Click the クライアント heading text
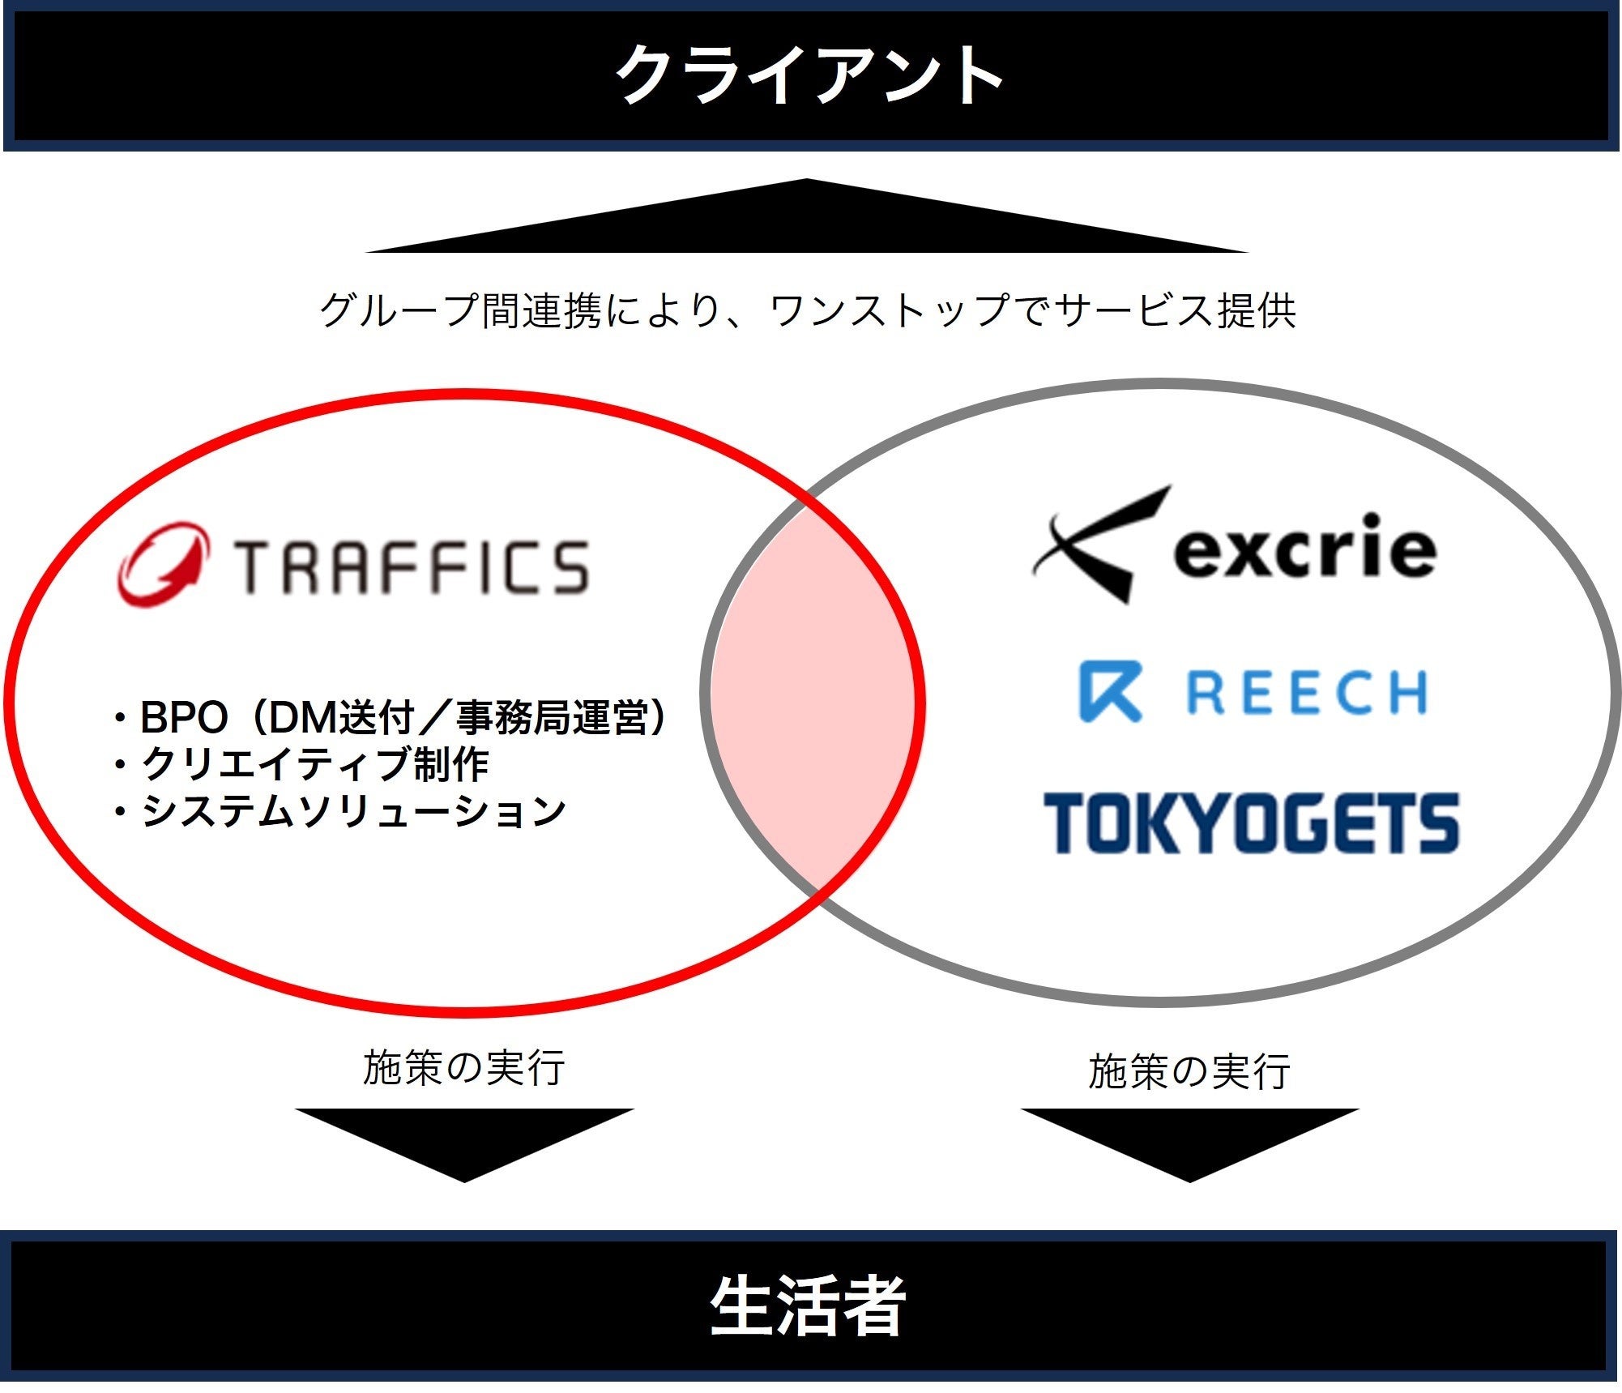(809, 75)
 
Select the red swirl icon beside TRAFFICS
(162, 564)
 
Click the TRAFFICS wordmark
(412, 566)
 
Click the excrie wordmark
(1304, 549)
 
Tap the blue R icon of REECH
(1111, 691)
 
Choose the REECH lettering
(1306, 693)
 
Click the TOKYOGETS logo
(1252, 823)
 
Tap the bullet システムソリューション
(340, 811)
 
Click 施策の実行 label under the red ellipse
(463, 1067)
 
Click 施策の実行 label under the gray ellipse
(1189, 1071)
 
